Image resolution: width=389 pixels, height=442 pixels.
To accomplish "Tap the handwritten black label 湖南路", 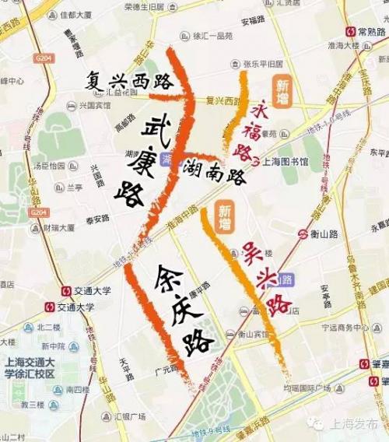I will click(215, 171).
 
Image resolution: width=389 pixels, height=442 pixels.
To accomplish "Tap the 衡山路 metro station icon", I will click(305, 233).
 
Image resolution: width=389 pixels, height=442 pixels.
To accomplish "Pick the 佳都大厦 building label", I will click(76, 14).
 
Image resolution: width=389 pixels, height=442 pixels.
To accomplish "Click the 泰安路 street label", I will click(96, 219).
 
